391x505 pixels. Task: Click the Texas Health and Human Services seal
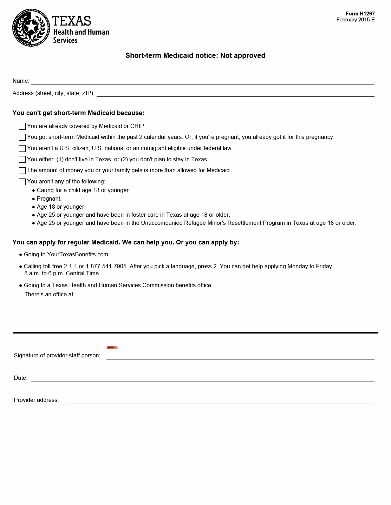click(31, 28)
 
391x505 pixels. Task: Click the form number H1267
click(360, 14)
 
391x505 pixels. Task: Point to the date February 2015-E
click(355, 20)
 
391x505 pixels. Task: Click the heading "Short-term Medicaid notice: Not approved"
click(195, 55)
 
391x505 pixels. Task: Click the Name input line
click(203, 81)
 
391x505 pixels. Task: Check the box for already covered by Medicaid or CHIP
click(22, 126)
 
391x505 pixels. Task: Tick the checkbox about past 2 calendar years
click(22, 137)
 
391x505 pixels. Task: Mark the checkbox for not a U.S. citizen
click(22, 148)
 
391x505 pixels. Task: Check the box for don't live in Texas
click(22, 160)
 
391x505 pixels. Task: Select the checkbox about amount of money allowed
click(22, 170)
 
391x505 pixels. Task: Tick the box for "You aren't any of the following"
click(22, 182)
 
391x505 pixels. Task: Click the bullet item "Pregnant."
click(49, 198)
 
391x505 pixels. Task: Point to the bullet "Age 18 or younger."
click(61, 207)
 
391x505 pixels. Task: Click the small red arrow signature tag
click(112, 348)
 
